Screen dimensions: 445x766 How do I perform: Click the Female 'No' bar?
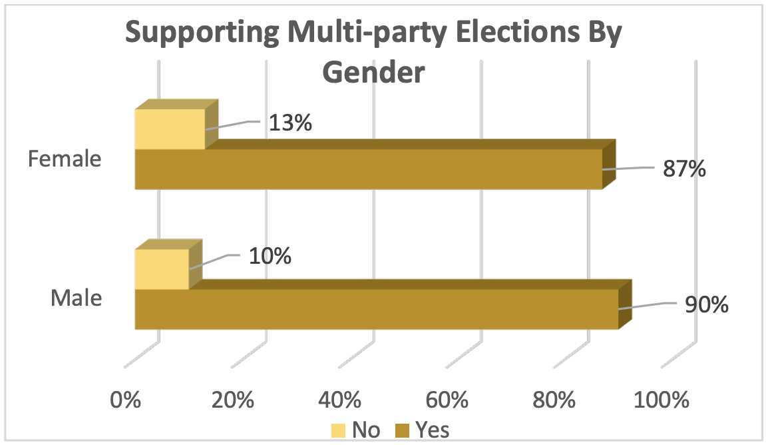point(170,129)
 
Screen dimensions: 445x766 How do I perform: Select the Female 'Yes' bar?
point(368,169)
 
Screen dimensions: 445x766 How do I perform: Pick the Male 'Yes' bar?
point(376,308)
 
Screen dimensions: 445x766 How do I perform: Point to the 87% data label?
point(683,169)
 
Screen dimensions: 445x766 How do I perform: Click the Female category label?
point(65,159)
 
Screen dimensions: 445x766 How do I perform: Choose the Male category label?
point(77,298)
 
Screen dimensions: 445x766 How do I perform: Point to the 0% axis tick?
point(126,400)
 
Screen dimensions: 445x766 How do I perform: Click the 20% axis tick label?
point(233,400)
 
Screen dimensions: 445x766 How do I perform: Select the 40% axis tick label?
point(340,400)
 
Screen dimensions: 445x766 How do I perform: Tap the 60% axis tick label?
point(447,400)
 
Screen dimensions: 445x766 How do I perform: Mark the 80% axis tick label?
point(554,400)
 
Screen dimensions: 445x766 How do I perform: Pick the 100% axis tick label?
point(662,400)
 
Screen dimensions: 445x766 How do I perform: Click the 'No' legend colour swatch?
point(339,430)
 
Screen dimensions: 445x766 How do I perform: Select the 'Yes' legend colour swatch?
point(402,430)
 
